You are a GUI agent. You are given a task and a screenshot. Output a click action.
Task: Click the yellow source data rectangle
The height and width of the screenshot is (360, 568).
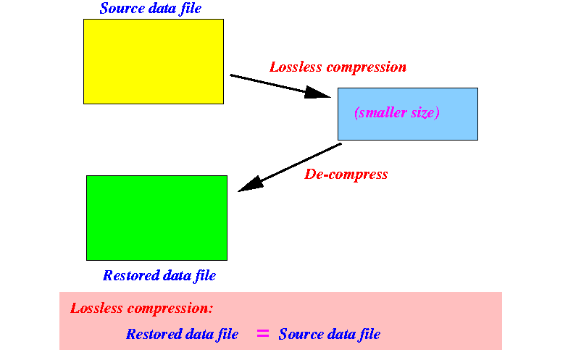154,62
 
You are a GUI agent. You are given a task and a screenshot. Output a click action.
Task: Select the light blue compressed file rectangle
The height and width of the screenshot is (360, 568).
408,114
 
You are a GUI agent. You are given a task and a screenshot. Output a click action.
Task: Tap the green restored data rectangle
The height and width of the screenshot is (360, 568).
156,218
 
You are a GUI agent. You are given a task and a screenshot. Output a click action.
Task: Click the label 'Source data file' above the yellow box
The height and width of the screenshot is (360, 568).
151,9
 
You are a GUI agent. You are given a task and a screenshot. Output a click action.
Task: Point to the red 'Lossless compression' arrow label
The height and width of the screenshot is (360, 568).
338,67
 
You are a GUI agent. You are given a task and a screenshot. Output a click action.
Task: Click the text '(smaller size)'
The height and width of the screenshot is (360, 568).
397,113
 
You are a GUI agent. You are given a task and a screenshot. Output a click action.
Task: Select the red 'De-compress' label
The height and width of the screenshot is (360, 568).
346,175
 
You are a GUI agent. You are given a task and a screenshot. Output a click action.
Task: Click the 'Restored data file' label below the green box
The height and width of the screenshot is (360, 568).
159,275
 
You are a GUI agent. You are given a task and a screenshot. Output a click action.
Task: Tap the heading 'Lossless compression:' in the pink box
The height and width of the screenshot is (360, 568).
142,309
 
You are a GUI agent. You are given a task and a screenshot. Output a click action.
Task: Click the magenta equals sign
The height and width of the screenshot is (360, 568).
263,333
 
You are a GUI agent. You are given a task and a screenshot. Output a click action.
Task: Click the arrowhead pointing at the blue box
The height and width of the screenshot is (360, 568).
317,93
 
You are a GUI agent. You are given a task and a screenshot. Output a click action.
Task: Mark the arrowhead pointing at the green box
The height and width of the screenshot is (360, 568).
250,184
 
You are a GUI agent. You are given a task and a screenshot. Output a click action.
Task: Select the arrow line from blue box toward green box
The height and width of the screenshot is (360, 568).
290,168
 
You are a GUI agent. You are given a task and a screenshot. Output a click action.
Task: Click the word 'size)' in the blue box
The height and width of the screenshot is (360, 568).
425,113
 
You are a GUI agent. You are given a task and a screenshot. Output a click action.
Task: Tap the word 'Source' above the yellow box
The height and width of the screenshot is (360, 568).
122,9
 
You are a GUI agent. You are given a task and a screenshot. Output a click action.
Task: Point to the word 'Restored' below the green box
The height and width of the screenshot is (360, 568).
128,275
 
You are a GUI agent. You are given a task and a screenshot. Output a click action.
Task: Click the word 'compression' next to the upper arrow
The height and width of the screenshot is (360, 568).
367,68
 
